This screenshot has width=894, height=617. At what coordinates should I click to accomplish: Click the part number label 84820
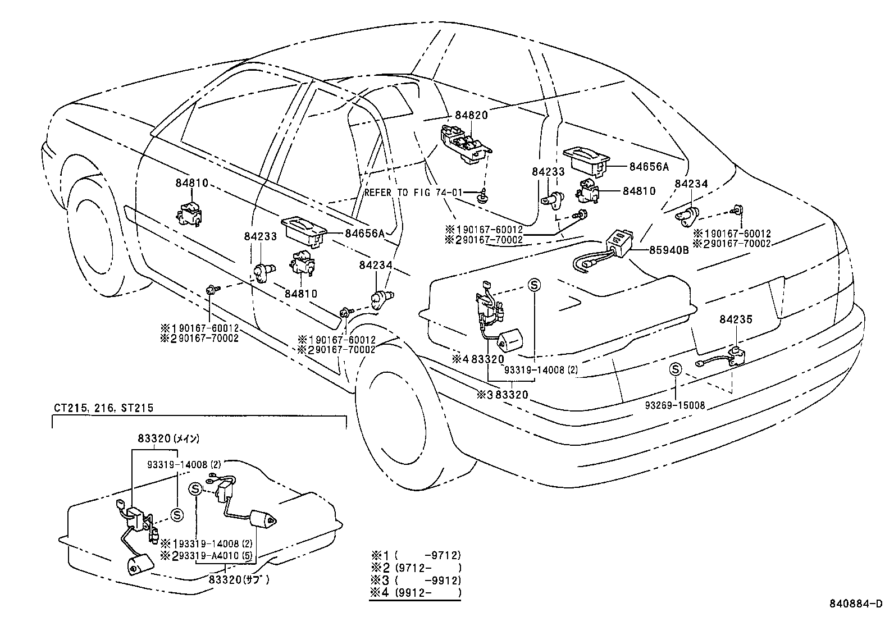(471, 115)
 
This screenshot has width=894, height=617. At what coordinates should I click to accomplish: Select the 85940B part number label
(669, 251)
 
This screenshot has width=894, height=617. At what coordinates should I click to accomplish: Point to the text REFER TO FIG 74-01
(413, 192)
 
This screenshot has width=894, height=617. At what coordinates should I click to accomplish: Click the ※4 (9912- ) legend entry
(416, 592)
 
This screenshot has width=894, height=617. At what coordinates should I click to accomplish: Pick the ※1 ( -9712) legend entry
(416, 555)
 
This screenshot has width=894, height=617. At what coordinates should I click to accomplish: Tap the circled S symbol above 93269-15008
(676, 369)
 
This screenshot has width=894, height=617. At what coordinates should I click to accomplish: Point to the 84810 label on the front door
(191, 183)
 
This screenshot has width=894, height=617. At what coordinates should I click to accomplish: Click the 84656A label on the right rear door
(649, 166)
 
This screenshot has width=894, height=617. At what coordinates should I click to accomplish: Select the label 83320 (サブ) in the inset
(238, 579)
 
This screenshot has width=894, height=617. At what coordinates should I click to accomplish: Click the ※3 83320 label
(503, 395)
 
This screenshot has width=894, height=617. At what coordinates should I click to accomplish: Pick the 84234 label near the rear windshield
(691, 184)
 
